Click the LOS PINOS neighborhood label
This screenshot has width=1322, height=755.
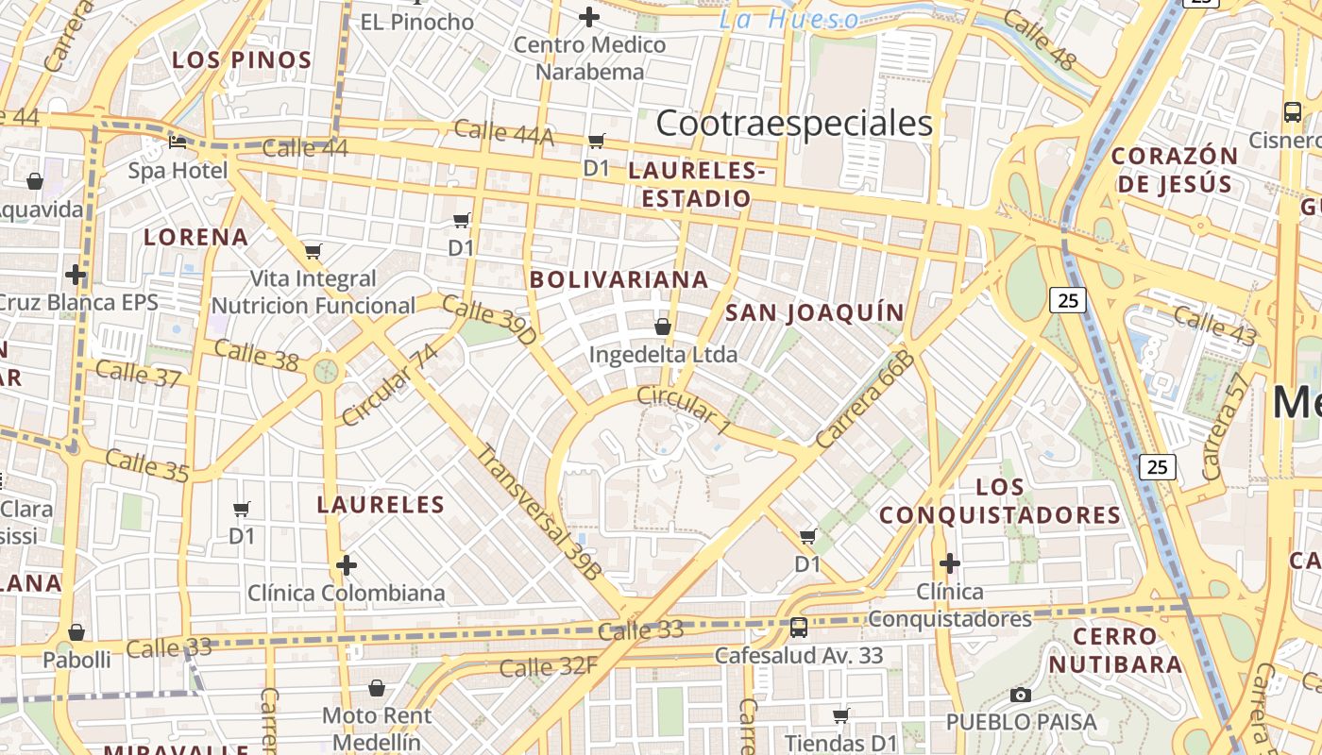pos(242,60)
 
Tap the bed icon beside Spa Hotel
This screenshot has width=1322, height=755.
pos(178,143)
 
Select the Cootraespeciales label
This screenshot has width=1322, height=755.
pos(794,123)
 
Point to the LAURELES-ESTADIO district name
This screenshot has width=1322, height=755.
pos(696,185)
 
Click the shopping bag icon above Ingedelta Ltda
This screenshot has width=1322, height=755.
pos(663,327)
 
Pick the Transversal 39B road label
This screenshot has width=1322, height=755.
pos(538,510)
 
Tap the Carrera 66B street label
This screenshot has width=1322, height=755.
pos(866,399)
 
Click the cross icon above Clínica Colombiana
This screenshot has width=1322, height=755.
pos(347,565)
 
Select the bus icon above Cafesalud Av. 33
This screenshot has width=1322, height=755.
pos(799,627)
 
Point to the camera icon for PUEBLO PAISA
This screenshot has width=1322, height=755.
pos(1021,696)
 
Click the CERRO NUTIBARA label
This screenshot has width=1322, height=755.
pos(1115,649)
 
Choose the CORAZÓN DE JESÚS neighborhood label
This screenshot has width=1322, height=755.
pos(1175,169)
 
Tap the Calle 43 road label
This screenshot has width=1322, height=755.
pos(1215,326)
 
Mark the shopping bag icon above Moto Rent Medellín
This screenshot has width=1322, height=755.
pos(377,688)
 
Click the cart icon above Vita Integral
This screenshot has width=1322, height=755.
pos(314,251)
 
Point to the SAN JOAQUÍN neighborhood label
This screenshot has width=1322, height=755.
pos(814,312)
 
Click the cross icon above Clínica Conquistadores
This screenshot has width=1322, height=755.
pos(950,563)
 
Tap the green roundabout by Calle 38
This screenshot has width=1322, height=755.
pos(326,370)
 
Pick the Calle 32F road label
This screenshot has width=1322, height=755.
pos(549,667)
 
